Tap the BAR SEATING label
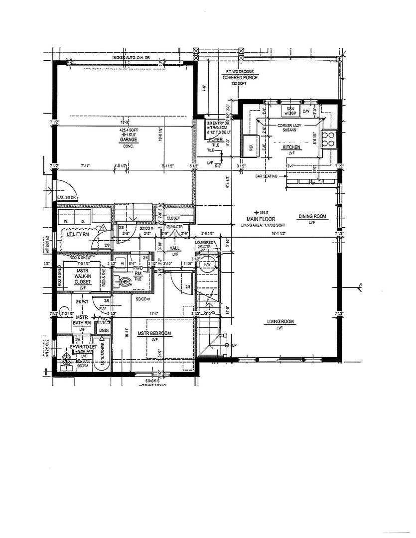click(x=267, y=176)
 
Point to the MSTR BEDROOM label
click(x=154, y=333)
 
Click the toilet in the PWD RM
click(x=125, y=281)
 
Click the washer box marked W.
click(x=65, y=220)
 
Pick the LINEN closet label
click(x=104, y=331)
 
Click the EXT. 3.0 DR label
click(x=66, y=198)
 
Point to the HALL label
click(x=174, y=248)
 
